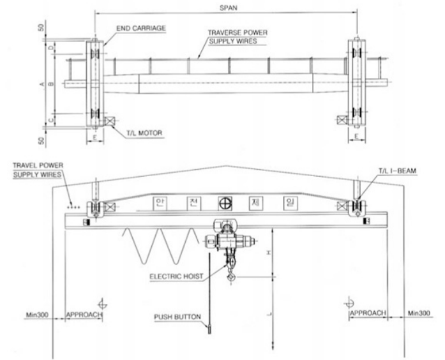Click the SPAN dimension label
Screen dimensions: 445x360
click(x=228, y=8)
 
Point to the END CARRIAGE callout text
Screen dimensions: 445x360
click(x=141, y=28)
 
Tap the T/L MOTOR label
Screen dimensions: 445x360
click(x=144, y=133)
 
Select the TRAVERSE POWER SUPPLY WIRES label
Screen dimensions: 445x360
click(x=238, y=37)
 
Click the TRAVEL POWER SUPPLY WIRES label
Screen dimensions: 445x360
click(x=38, y=170)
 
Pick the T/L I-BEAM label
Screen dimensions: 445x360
click(x=397, y=171)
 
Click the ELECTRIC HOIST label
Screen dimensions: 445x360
click(x=176, y=276)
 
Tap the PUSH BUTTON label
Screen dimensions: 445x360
click(x=177, y=317)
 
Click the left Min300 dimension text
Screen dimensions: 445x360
click(x=37, y=315)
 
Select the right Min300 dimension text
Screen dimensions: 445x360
click(x=419, y=313)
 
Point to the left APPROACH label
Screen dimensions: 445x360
click(x=84, y=315)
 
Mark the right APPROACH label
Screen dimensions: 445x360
click(x=368, y=313)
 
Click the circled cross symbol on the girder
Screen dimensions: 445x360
click(x=225, y=203)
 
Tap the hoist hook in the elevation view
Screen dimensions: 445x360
click(x=231, y=276)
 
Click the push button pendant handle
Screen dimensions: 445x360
click(x=209, y=329)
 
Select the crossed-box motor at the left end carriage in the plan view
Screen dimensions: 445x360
click(x=110, y=121)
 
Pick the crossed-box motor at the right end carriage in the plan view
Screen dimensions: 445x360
click(x=342, y=120)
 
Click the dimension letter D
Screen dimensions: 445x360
click(x=51, y=48)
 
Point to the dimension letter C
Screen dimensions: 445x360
click(x=51, y=120)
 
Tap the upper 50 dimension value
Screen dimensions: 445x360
click(x=41, y=27)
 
